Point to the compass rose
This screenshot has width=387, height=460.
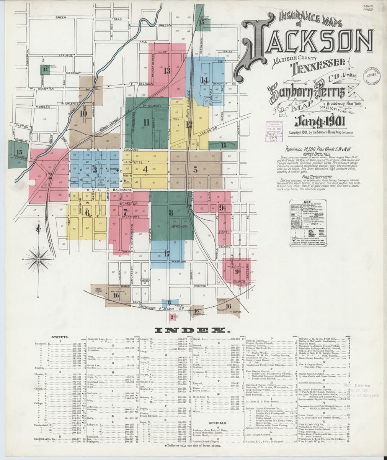[38, 260]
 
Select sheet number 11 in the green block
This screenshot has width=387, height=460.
[145, 122]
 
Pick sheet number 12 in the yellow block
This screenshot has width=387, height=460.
[189, 124]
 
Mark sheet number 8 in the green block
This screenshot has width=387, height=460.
[171, 212]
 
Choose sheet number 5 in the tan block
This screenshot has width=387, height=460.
[195, 170]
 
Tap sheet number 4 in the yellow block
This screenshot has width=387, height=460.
[145, 169]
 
